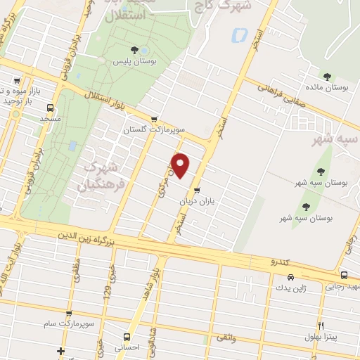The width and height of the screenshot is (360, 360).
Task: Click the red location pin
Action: (181, 165)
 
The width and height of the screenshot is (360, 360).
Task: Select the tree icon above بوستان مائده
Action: (326, 76)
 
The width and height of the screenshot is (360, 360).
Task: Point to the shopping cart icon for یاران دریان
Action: (197, 190)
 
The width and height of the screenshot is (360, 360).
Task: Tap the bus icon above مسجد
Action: (49, 108)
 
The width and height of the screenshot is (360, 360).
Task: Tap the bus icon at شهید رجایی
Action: (343, 275)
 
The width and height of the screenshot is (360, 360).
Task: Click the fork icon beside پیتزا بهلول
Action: (321, 326)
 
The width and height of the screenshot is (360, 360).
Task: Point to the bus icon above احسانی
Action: (127, 336)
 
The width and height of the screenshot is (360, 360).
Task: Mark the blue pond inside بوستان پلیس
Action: (144, 50)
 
